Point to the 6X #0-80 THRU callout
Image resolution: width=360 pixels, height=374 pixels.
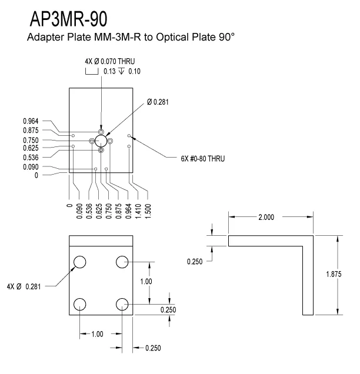(204, 159)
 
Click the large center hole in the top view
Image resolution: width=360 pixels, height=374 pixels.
(101, 141)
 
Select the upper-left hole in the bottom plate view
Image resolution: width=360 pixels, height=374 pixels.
(80, 262)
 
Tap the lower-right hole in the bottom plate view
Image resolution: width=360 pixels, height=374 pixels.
(122, 304)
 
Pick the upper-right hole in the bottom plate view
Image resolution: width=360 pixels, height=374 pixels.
(122, 262)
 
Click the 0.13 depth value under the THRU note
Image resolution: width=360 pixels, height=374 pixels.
(110, 71)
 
